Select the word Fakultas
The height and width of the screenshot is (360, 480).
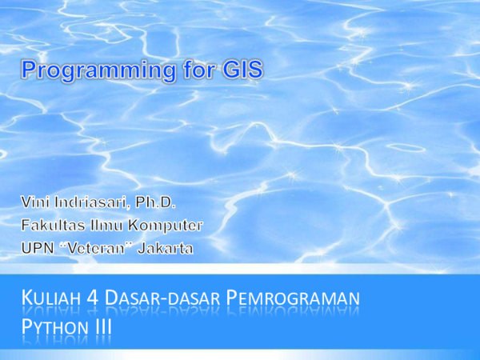pyautogui.click(x=54, y=224)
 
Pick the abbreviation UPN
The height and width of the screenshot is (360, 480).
pyautogui.click(x=37, y=249)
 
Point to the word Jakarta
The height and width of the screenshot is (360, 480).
pyautogui.click(x=166, y=249)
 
